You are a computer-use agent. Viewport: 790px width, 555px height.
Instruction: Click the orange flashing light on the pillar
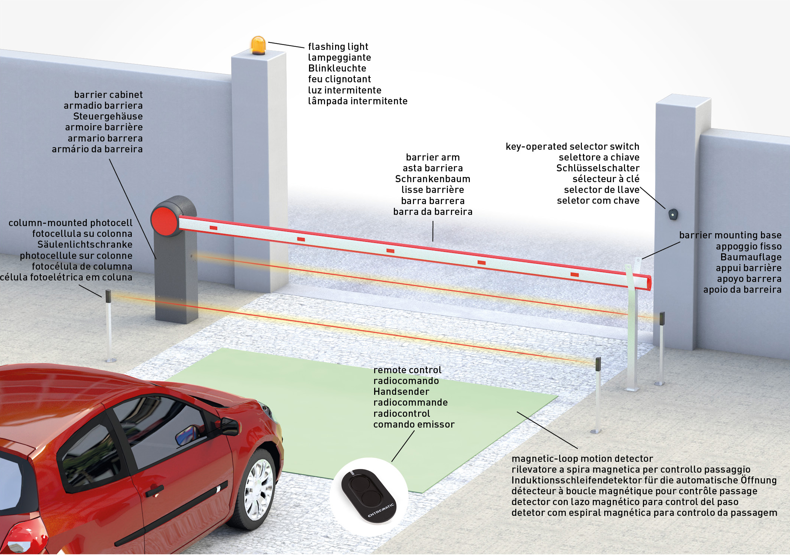pyautogui.click(x=258, y=45)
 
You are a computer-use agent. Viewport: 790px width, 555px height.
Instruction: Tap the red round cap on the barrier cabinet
pyautogui.click(x=164, y=221)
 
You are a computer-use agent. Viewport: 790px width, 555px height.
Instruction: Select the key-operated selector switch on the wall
pyautogui.click(x=673, y=215)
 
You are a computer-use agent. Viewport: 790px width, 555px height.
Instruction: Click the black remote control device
pyautogui.click(x=368, y=496)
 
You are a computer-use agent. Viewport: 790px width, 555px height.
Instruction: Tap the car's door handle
pyautogui.click(x=154, y=491)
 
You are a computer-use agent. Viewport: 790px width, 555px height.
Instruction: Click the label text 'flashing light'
pyautogui.click(x=338, y=47)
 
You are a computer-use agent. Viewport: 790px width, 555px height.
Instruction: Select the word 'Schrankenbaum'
pyautogui.click(x=433, y=179)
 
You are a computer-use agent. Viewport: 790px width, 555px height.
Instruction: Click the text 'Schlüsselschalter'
pyautogui.click(x=598, y=168)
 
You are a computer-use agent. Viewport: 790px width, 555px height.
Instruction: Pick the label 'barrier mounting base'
pyautogui.click(x=730, y=235)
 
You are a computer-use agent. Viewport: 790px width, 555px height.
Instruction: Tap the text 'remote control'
pyautogui.click(x=407, y=370)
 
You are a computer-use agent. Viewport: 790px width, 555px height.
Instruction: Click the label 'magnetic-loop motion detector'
pyautogui.click(x=582, y=459)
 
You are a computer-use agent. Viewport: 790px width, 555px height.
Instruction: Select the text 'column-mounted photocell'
pyautogui.click(x=70, y=223)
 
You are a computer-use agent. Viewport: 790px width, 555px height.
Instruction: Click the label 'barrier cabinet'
pyautogui.click(x=108, y=95)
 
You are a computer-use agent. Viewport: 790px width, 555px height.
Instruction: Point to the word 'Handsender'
pyautogui.click(x=401, y=392)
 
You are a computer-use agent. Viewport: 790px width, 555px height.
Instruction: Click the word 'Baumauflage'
pyautogui.click(x=751, y=257)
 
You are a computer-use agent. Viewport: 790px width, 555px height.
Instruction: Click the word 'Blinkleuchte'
pyautogui.click(x=337, y=69)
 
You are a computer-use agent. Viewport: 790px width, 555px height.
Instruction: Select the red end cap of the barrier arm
pyautogui.click(x=649, y=282)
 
